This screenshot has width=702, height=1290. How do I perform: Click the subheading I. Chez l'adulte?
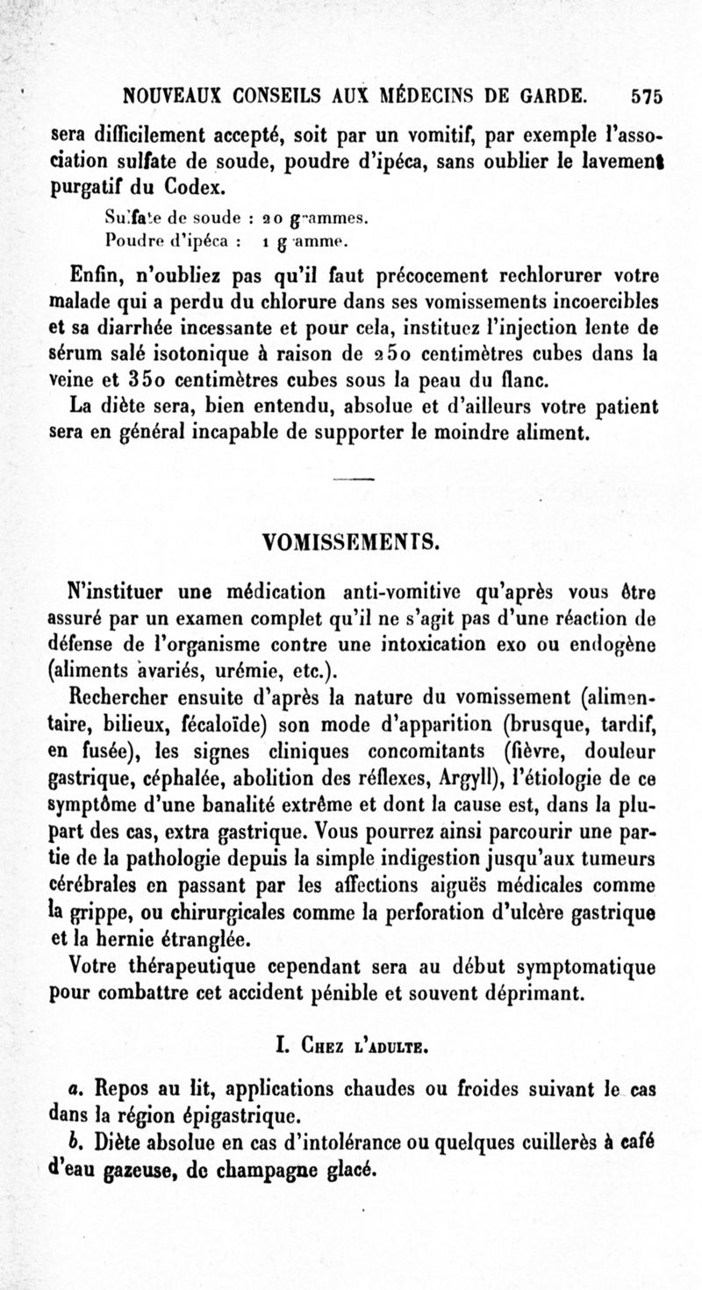coord(353,1048)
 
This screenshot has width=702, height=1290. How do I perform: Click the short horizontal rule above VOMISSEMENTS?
coord(354,479)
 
